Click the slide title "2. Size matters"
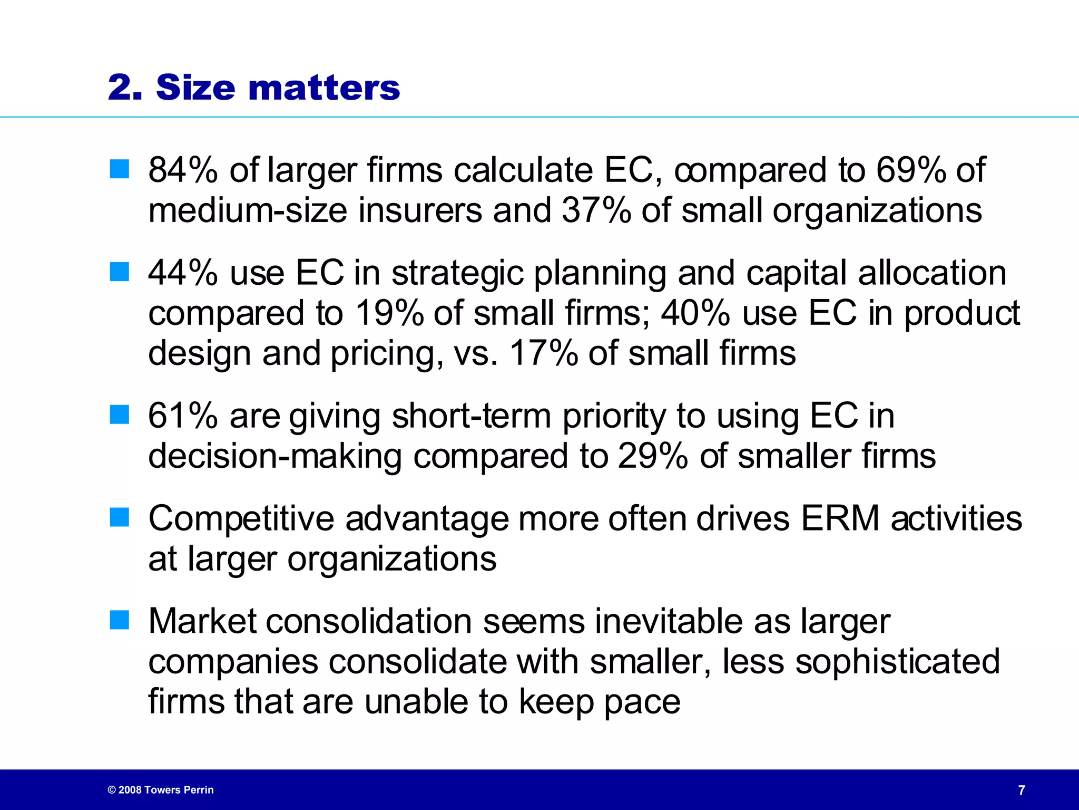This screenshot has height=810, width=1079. [254, 87]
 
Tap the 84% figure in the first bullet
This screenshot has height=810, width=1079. [183, 170]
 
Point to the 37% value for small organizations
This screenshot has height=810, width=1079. [596, 210]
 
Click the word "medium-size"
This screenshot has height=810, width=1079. [248, 210]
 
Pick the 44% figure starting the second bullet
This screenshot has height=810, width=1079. [183, 273]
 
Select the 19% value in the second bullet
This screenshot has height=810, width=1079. [389, 313]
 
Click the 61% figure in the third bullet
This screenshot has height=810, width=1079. [183, 416]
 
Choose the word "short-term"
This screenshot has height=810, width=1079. [472, 416]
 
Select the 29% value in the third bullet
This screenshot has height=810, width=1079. [653, 456]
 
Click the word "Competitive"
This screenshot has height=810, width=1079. [241, 519]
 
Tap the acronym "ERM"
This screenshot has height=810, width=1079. [840, 519]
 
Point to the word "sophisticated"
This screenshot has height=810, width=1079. [897, 661]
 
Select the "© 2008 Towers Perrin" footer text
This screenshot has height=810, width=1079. [161, 790]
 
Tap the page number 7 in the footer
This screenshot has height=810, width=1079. [1022, 790]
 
